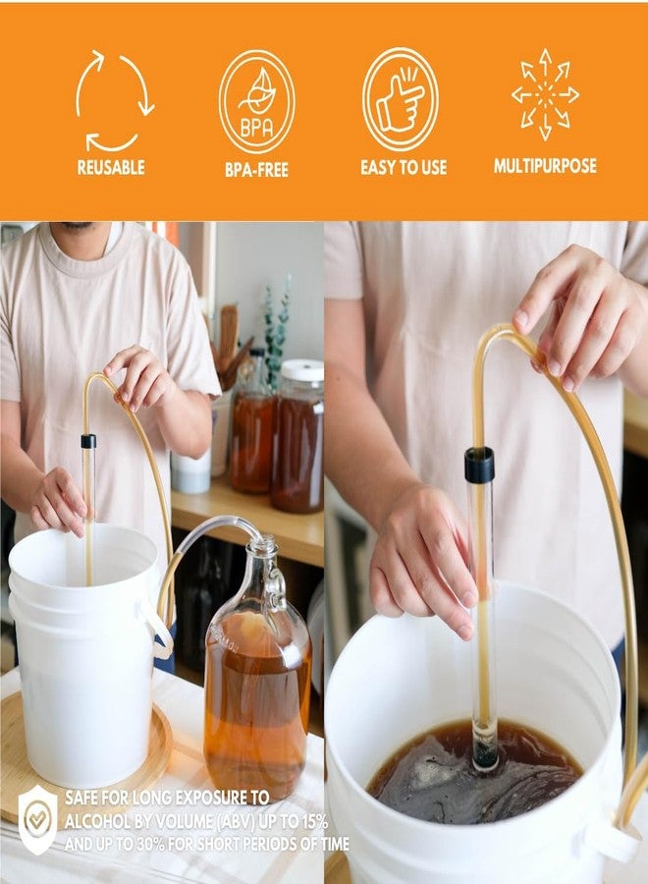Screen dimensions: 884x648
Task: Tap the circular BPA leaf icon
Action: tap(256, 100)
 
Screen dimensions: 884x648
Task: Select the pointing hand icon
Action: tap(400, 98)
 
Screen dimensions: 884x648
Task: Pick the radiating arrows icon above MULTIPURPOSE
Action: tap(545, 94)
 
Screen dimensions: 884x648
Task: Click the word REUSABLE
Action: tap(111, 168)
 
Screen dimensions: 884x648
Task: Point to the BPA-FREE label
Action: tap(256, 169)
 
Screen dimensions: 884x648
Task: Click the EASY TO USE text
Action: tap(403, 168)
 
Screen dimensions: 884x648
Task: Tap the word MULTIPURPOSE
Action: tap(545, 166)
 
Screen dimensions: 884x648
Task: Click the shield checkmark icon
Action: tap(37, 818)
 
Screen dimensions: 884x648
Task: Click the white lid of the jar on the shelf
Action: tap(301, 370)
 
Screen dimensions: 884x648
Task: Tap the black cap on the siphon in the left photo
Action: tap(88, 441)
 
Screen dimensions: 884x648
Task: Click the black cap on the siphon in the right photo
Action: tap(479, 465)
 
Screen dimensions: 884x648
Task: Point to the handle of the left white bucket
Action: tap(157, 630)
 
